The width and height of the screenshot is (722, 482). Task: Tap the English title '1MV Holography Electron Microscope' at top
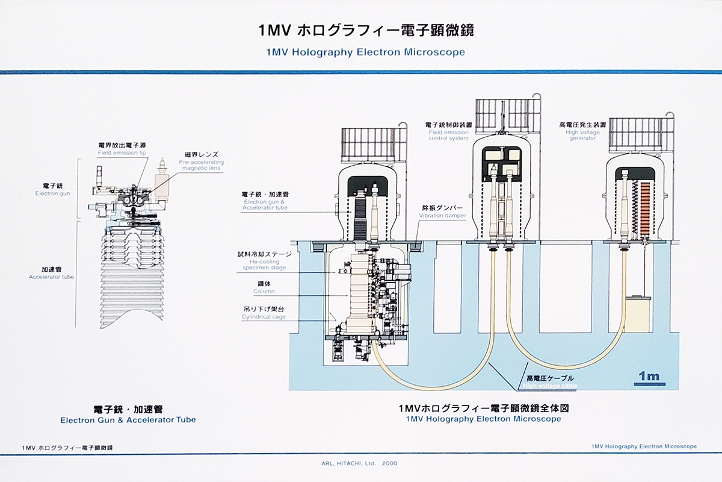tap(365, 52)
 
